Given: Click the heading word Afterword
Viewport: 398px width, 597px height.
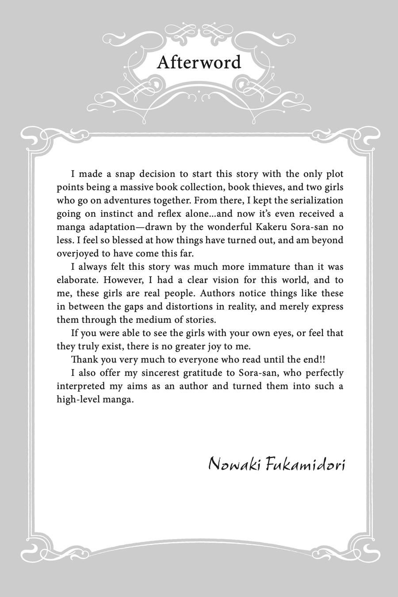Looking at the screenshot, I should pos(199,62).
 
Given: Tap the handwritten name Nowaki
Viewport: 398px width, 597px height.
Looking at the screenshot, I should pos(234,464).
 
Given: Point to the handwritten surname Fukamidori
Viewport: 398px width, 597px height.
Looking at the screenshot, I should pos(306,464).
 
